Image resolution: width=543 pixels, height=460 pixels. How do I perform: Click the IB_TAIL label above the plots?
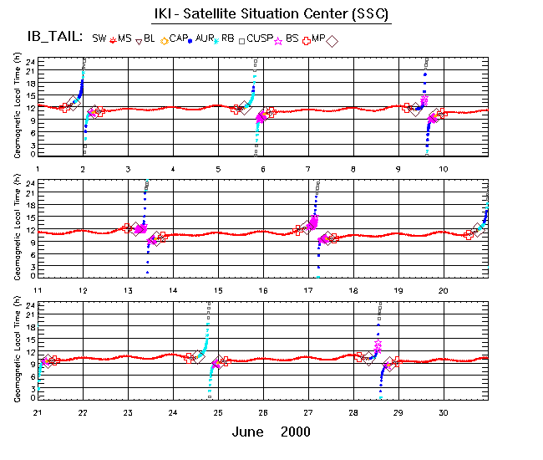[x=53, y=38]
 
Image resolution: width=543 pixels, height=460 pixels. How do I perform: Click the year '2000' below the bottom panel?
[x=296, y=432]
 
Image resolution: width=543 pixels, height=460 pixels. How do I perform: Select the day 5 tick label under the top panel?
[x=218, y=169]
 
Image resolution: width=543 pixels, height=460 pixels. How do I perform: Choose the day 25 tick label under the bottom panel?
[x=218, y=411]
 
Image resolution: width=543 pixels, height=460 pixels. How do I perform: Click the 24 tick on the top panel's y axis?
[x=29, y=62]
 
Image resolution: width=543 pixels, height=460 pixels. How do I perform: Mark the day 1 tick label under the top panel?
[x=38, y=169]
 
